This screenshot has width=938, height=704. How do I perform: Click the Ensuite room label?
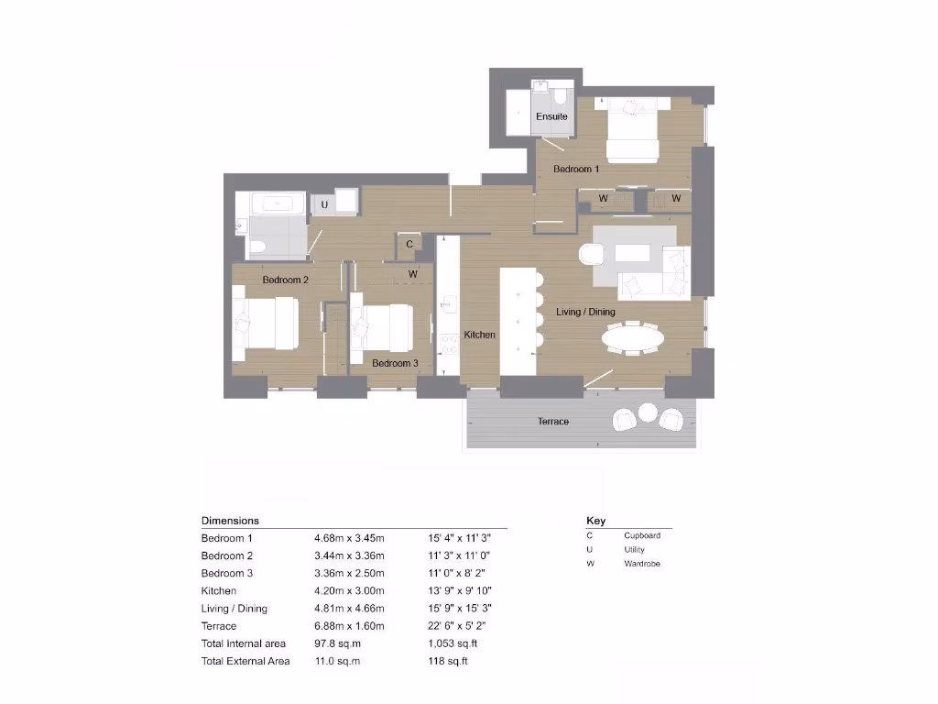(551, 116)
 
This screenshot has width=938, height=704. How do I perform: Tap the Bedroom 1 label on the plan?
(576, 169)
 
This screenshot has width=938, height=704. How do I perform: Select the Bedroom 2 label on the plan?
(285, 280)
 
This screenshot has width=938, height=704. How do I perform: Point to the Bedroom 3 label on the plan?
(395, 363)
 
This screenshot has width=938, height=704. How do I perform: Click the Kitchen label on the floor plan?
(479, 335)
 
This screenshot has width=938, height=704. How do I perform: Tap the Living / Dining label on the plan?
(585, 313)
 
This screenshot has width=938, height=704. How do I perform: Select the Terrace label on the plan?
(552, 422)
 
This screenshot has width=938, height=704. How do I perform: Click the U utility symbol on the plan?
(324, 205)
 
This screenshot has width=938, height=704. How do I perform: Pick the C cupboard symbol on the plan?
(409, 244)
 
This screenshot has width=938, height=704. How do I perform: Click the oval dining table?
(633, 339)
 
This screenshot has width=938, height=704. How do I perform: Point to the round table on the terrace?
(649, 412)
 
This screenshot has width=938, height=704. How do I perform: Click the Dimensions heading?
(230, 521)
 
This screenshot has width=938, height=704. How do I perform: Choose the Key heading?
(595, 521)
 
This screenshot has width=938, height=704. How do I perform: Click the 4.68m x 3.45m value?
(349, 538)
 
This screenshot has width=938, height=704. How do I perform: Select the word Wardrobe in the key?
(642, 564)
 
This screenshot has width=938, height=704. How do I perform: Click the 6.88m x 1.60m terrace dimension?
(349, 626)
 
